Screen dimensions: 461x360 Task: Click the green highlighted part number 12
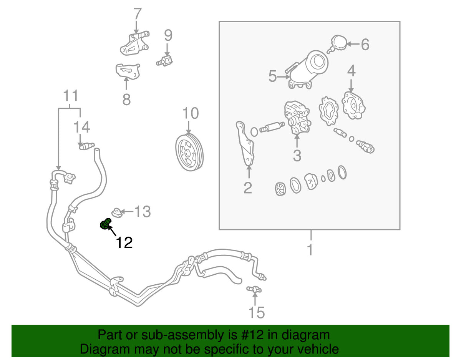pos(105,224)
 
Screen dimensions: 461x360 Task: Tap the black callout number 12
pos(124,243)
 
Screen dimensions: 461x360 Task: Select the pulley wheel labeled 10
pos(189,152)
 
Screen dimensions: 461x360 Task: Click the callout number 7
pos(138,14)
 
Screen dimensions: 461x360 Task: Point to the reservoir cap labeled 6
pos(338,44)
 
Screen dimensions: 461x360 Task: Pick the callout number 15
pos(257,312)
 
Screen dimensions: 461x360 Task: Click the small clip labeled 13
pos(117,212)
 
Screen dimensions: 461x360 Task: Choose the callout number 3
pos(297,156)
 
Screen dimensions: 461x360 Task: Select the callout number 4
pos(351,71)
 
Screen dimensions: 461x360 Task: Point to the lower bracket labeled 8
pos(128,71)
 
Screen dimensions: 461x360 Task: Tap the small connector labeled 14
pos(86,146)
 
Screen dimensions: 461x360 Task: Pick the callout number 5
pos(273,76)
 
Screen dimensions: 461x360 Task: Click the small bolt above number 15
pos(254,289)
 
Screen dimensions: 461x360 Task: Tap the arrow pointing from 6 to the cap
pos(353,44)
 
